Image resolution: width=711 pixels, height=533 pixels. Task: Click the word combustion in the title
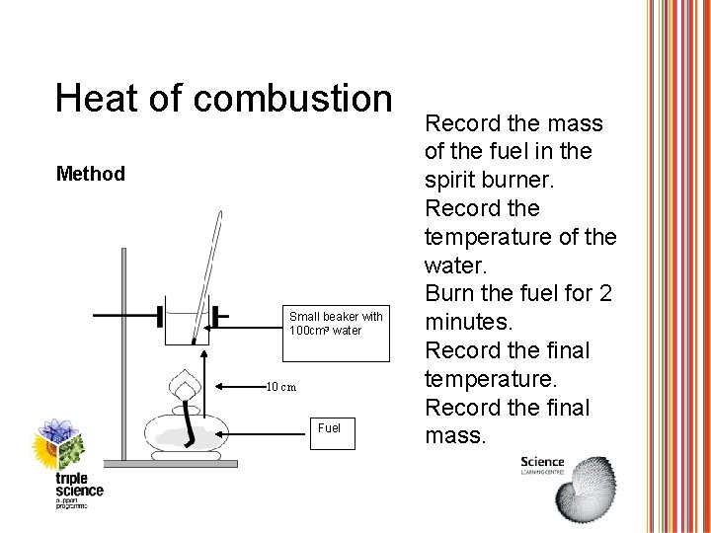[x=296, y=98]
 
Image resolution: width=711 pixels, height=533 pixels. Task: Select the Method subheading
[x=91, y=175]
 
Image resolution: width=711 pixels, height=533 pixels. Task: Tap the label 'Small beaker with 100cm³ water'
[x=336, y=323]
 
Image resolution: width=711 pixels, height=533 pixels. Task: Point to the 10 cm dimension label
[x=281, y=386]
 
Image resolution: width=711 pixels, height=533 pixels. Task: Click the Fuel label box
[x=328, y=428]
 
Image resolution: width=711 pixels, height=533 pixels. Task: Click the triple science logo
[x=69, y=464]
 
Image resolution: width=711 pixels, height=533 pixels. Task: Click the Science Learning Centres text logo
[x=542, y=465]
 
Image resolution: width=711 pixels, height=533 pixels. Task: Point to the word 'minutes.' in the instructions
[x=464, y=322]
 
